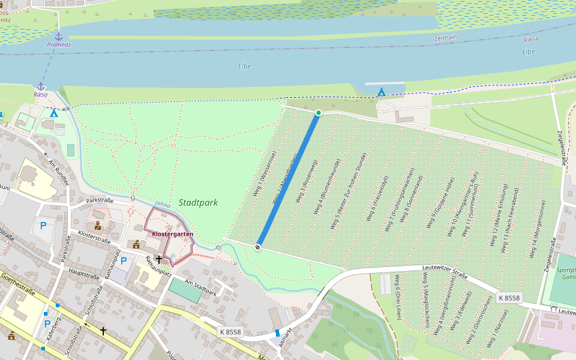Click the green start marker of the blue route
pos(319,113)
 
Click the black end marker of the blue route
pos(258,247)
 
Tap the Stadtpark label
pos(198,203)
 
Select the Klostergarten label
pos(172,233)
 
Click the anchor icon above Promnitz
pos(58,36)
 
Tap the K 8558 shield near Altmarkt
pos(230,332)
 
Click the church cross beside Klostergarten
pos(159,260)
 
